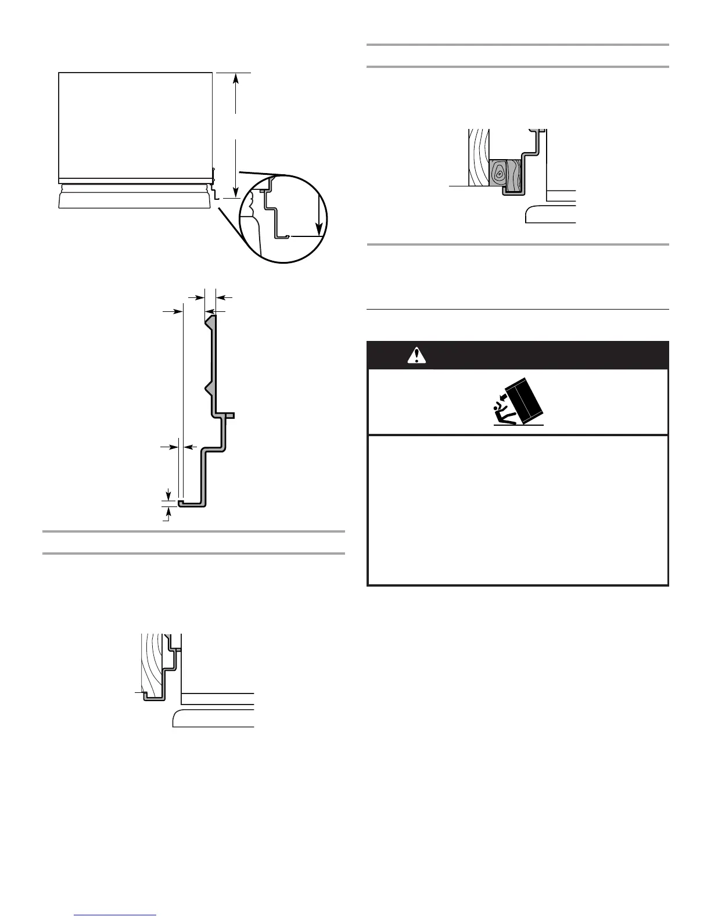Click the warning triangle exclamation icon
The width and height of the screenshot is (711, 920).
pyautogui.click(x=416, y=355)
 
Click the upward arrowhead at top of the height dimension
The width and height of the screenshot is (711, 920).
pyautogui.click(x=236, y=78)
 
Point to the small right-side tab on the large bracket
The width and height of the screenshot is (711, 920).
pyautogui.click(x=229, y=415)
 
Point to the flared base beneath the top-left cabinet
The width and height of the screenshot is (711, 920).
pyautogui.click(x=134, y=200)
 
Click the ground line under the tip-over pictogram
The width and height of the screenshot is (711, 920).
pyautogui.click(x=518, y=425)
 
